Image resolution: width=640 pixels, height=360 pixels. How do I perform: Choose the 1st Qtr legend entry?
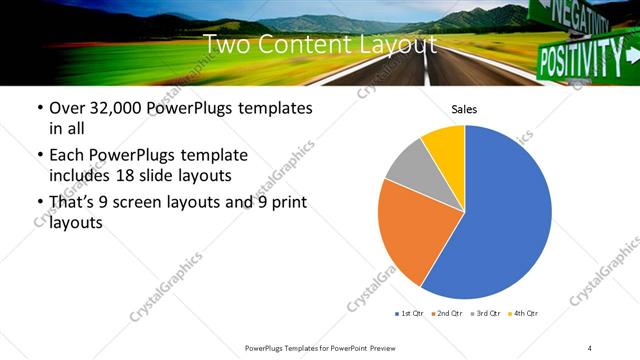(x=412, y=313)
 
